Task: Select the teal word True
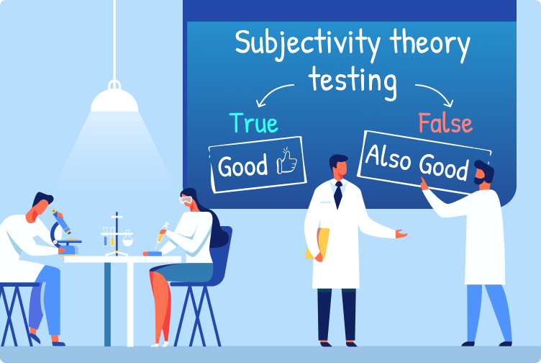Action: (x=254, y=123)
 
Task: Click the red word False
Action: (x=445, y=123)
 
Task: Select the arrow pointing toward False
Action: (x=434, y=93)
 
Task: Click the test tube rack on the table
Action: (x=114, y=233)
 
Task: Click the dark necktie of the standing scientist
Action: (x=337, y=194)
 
